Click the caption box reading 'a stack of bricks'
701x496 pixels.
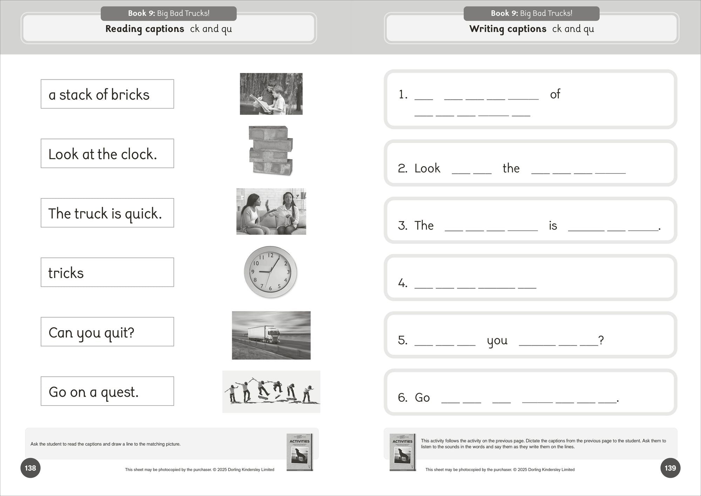coord(107,94)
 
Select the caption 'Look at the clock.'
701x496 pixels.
coord(107,154)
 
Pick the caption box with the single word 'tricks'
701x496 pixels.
coord(107,272)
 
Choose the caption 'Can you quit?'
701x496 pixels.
coord(107,332)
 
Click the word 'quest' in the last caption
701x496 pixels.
coord(120,392)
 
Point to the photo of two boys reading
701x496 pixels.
coord(271,94)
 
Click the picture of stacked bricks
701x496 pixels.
coord(271,150)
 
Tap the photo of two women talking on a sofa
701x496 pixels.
coord(271,211)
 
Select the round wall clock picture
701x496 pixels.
coord(270,272)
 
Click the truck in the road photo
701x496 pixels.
coord(264,334)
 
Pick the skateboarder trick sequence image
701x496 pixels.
coord(271,392)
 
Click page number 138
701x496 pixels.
coord(30,468)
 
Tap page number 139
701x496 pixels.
coord(670,468)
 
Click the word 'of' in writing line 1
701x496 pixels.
coord(555,94)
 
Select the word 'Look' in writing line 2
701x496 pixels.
coord(427,168)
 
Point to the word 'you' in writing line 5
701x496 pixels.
coord(497,340)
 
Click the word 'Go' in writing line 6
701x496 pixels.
coord(422,398)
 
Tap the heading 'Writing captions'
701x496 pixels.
coord(508,29)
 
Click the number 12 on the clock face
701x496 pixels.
coord(271,255)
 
